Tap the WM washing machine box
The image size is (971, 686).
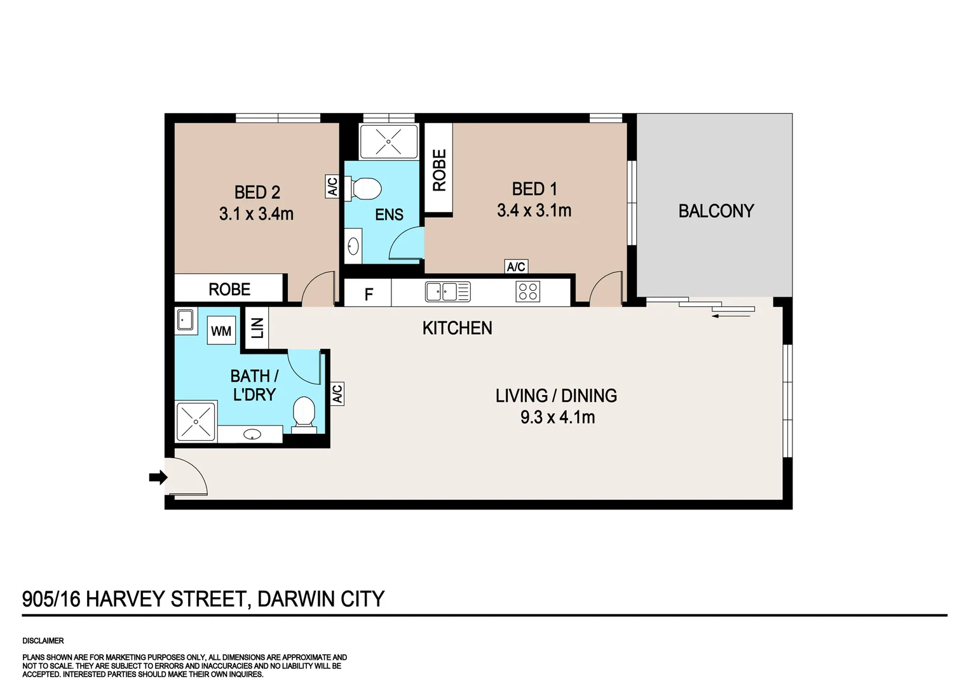tap(221, 331)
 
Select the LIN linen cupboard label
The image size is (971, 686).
tap(257, 328)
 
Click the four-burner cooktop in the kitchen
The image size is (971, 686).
tap(528, 292)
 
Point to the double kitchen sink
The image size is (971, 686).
tap(447, 292)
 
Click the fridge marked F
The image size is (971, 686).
tap(369, 294)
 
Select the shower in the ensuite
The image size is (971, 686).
tap(388, 141)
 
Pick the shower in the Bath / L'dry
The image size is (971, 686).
tap(196, 422)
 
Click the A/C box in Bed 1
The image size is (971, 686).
tap(516, 267)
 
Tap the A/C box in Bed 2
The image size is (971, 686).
tap(332, 187)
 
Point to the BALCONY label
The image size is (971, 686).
tap(716, 211)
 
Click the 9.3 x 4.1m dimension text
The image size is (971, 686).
tap(557, 417)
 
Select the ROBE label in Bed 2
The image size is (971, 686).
tap(229, 290)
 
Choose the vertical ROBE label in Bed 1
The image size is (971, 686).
tap(439, 170)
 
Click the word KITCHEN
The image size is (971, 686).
tap(457, 328)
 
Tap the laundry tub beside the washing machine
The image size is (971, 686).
tap(186, 320)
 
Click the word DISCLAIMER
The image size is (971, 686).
tap(43, 641)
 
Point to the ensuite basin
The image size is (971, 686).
tap(353, 246)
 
